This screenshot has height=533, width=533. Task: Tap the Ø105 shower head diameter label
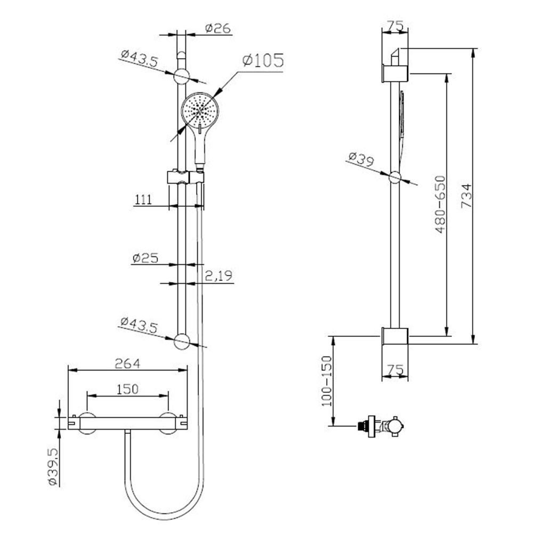(263, 60)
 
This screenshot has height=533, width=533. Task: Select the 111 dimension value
(143, 200)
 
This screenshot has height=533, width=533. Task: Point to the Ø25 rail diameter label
(146, 258)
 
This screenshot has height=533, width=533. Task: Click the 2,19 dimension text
(219, 276)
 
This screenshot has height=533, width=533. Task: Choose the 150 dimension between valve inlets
(127, 389)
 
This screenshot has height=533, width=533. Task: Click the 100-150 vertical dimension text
(326, 381)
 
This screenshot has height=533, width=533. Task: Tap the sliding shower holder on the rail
(184, 177)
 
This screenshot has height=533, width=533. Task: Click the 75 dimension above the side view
(394, 26)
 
